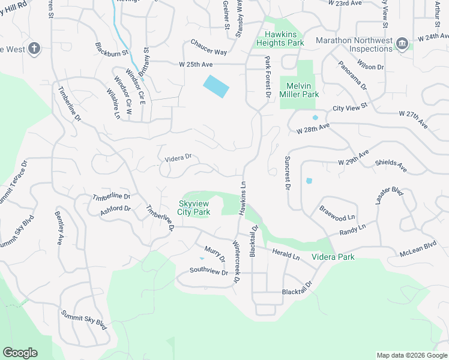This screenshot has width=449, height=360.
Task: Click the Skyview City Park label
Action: (x=194, y=208)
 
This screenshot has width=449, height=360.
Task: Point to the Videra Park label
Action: (x=333, y=257)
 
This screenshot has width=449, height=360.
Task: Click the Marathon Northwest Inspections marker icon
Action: (x=402, y=43)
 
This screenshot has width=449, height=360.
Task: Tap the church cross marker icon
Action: (x=35, y=49)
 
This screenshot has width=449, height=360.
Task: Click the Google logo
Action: (x=20, y=353)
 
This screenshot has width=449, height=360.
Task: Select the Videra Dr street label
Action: (x=178, y=158)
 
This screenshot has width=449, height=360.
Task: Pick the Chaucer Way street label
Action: (x=209, y=47)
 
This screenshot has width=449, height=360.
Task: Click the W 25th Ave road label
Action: (x=195, y=64)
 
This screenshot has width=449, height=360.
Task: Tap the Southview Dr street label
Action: (x=209, y=272)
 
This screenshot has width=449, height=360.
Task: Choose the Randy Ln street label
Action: (x=352, y=231)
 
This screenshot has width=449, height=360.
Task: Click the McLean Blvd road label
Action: (x=418, y=250)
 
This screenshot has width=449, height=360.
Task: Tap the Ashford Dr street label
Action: (x=115, y=209)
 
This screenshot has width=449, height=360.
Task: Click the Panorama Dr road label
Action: (x=352, y=75)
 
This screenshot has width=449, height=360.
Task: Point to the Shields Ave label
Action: (x=391, y=166)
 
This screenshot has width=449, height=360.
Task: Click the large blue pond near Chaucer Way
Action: (x=216, y=86)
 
